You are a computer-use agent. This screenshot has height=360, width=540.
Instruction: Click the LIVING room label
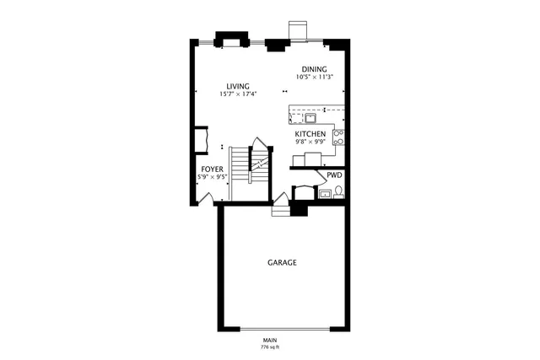pyautogui.click(x=237, y=85)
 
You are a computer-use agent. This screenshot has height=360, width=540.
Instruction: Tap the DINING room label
pyautogui.click(x=315, y=69)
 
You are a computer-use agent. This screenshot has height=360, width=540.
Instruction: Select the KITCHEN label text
pyautogui.click(x=310, y=134)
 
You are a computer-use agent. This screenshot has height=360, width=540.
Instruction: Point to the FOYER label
pyautogui.click(x=212, y=169)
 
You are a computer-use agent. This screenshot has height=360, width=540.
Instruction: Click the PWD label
pyautogui.click(x=334, y=175)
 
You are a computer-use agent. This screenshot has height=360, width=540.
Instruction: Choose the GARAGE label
pyautogui.click(x=282, y=263)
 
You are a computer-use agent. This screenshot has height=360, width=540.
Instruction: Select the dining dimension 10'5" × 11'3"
pyautogui.click(x=315, y=77)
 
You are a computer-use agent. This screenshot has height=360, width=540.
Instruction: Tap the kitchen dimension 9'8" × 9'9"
pyautogui.click(x=310, y=142)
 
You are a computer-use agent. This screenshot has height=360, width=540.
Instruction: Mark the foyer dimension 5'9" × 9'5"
pyautogui.click(x=212, y=176)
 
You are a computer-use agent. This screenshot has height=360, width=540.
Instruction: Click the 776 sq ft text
pyautogui.click(x=270, y=347)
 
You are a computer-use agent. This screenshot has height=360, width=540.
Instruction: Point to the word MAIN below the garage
pyautogui.click(x=270, y=340)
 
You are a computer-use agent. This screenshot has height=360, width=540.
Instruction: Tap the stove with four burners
pyautogui.click(x=338, y=137)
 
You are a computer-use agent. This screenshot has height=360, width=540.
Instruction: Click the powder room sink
pyautogui.click(x=325, y=194)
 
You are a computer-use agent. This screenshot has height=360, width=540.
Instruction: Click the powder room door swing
pyautogui.click(x=319, y=177)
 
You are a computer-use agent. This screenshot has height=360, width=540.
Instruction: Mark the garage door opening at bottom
pyautogui.click(x=283, y=329)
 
